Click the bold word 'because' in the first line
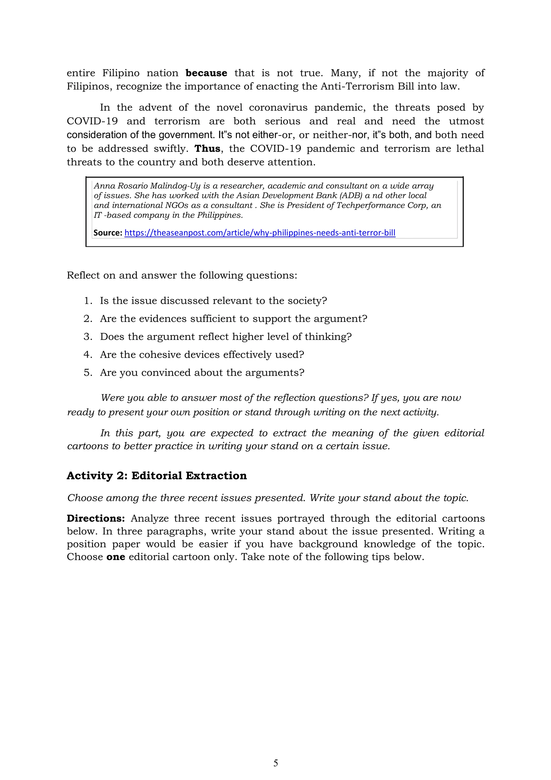click(x=206, y=73)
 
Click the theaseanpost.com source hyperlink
click(x=260, y=233)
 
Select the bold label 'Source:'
click(x=108, y=233)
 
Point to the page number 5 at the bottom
click(x=275, y=763)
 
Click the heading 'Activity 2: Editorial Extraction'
click(x=157, y=476)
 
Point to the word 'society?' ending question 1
click(x=307, y=301)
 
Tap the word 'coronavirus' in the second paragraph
click(x=278, y=108)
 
